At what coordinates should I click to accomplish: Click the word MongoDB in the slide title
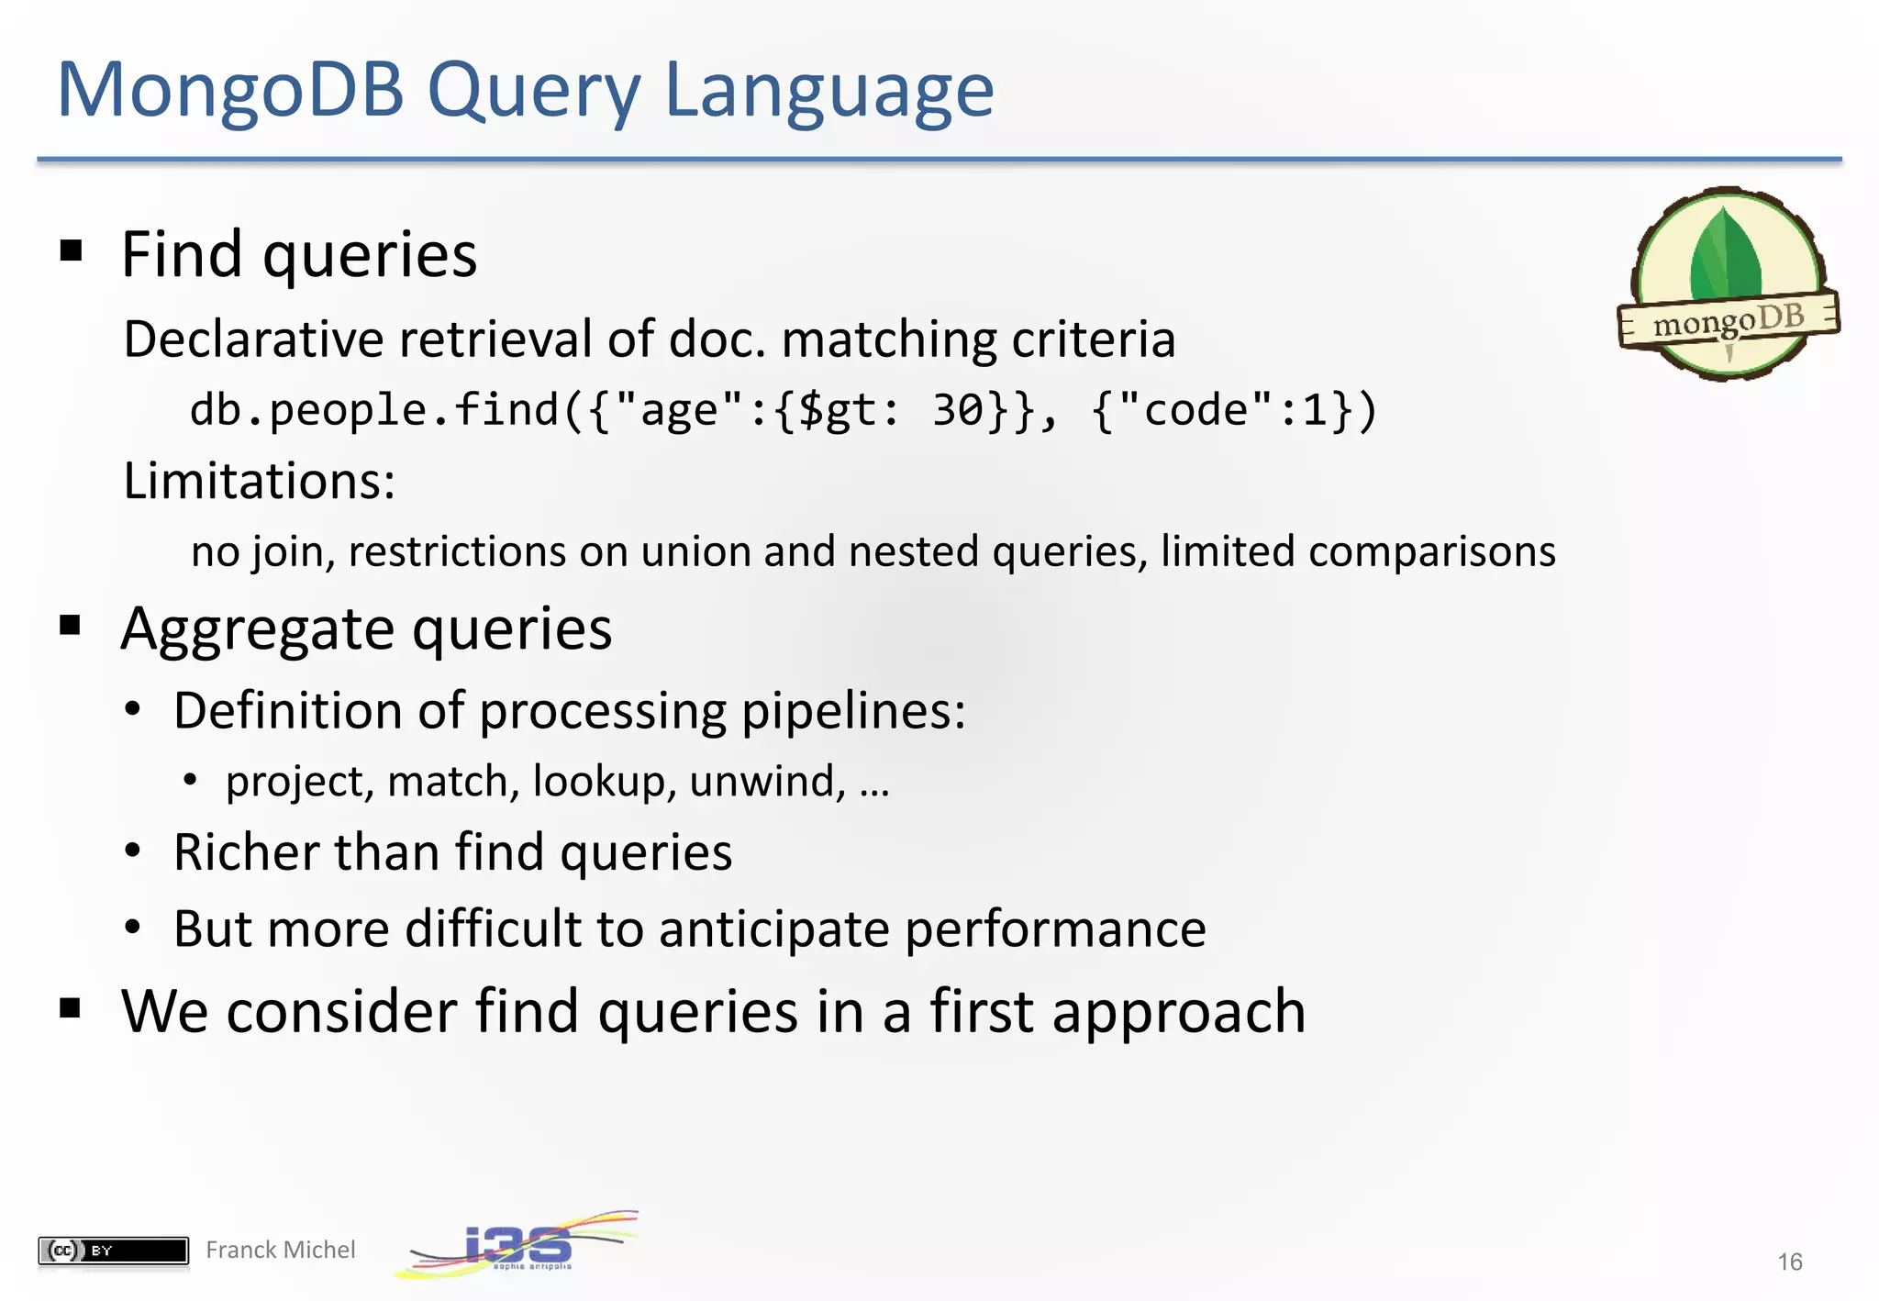coord(230,90)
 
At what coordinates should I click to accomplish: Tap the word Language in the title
coord(828,92)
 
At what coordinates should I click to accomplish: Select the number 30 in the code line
coord(958,410)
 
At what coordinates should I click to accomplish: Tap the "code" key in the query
coord(1195,410)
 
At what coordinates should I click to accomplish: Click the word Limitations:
coord(260,481)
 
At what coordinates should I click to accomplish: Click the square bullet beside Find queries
coord(71,250)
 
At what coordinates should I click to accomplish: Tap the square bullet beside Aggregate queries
coord(71,626)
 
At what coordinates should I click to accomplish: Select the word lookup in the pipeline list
coord(604,782)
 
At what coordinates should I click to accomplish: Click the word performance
coord(1055,929)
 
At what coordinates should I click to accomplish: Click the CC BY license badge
coord(113,1250)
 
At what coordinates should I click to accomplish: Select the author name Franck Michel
coord(280,1250)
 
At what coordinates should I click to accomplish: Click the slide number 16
coord(1789,1262)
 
